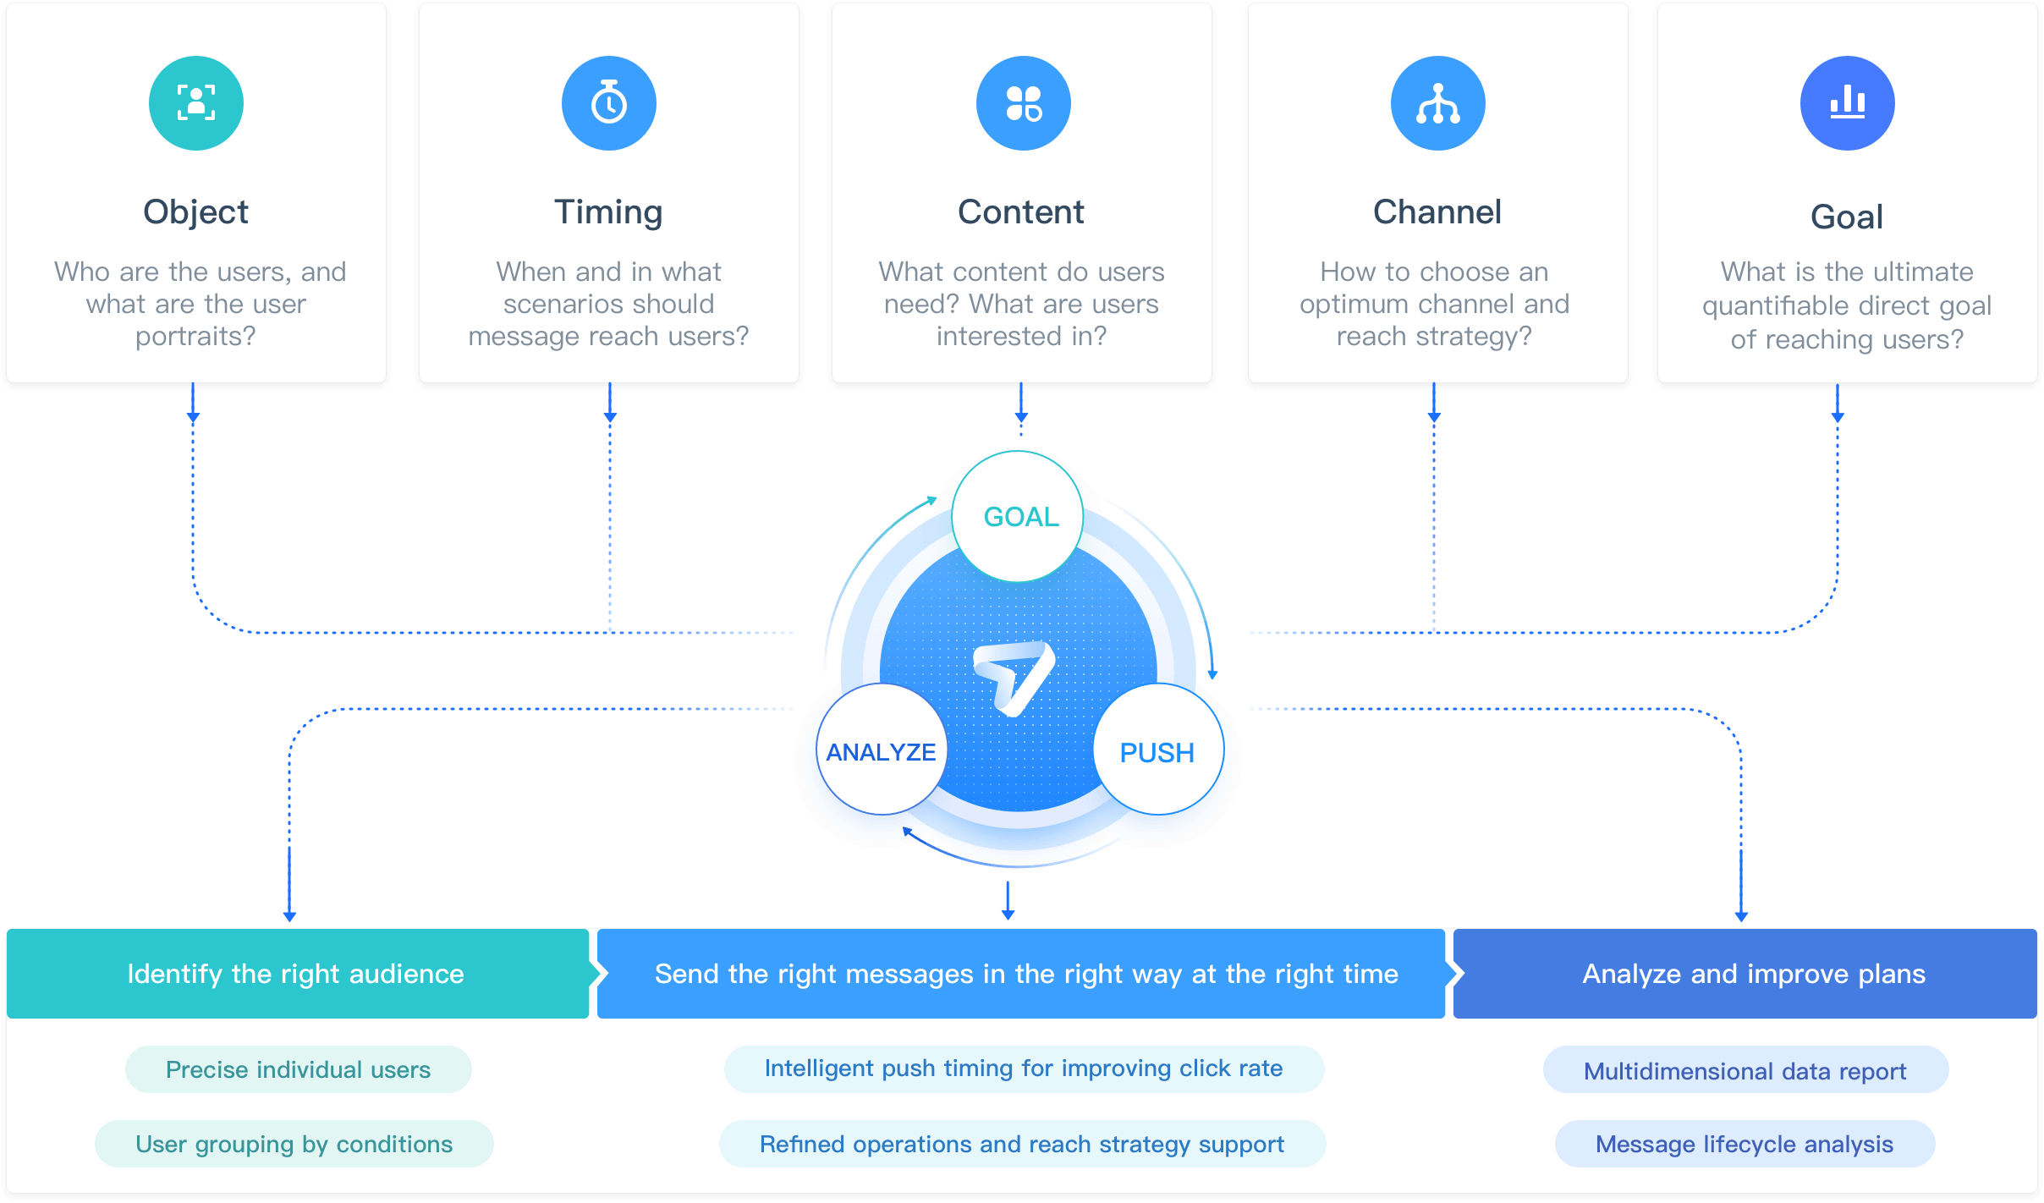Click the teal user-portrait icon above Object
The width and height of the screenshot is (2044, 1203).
[196, 103]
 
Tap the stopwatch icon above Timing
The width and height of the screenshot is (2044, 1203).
[609, 103]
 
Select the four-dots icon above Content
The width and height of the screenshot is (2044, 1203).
[1024, 103]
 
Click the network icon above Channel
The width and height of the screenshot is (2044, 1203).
[1438, 103]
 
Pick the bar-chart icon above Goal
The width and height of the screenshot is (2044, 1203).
[1848, 103]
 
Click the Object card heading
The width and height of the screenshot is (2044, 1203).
[196, 211]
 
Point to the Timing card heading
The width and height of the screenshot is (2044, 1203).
[609, 211]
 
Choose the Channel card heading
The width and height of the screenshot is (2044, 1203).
[1437, 211]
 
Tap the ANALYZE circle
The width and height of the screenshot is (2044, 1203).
[882, 751]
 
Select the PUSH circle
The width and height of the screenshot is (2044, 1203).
[1157, 751]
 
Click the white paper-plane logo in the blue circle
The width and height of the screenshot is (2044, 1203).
[1014, 677]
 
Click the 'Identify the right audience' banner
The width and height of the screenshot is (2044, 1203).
[296, 974]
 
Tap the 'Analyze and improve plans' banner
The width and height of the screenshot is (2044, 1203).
[1754, 974]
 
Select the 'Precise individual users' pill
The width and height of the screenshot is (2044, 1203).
[298, 1069]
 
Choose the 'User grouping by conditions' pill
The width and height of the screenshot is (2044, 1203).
[294, 1144]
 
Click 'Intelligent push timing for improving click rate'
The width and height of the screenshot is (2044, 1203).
[1024, 1068]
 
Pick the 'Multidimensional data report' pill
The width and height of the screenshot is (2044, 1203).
[1745, 1071]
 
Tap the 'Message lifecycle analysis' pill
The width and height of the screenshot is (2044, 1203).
[1745, 1144]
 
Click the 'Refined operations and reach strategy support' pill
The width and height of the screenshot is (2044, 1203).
[1022, 1144]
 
